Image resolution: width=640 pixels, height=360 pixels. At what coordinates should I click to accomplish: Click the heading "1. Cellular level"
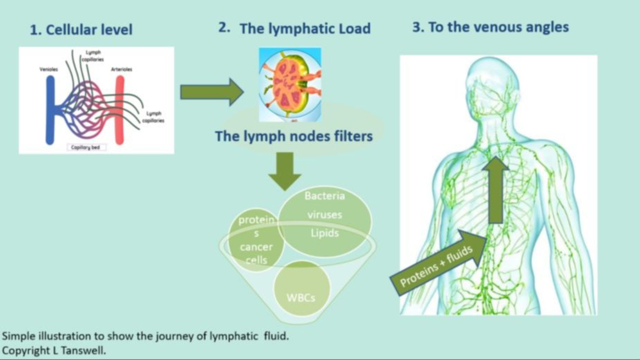point(81,30)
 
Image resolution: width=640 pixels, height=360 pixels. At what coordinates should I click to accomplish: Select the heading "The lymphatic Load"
point(305,28)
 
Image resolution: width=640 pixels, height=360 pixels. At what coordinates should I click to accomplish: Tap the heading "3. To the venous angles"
point(490,27)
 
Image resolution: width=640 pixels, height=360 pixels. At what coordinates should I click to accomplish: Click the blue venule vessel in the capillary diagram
point(50,110)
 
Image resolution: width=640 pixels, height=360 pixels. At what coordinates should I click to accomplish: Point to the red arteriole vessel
point(119,110)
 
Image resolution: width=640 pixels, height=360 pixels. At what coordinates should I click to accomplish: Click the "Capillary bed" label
point(86,147)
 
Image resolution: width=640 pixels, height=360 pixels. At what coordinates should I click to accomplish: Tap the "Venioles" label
point(48,69)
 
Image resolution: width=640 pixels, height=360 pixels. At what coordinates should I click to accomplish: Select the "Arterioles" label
point(121,69)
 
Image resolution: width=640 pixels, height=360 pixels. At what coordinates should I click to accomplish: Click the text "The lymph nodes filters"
point(294,136)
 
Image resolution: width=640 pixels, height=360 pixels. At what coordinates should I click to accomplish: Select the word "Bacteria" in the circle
point(324,196)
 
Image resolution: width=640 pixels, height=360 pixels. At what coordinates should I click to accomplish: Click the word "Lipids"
point(324,233)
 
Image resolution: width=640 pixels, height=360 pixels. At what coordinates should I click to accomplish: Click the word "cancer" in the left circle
point(256,247)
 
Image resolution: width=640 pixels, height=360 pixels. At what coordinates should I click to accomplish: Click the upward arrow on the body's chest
point(495,190)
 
